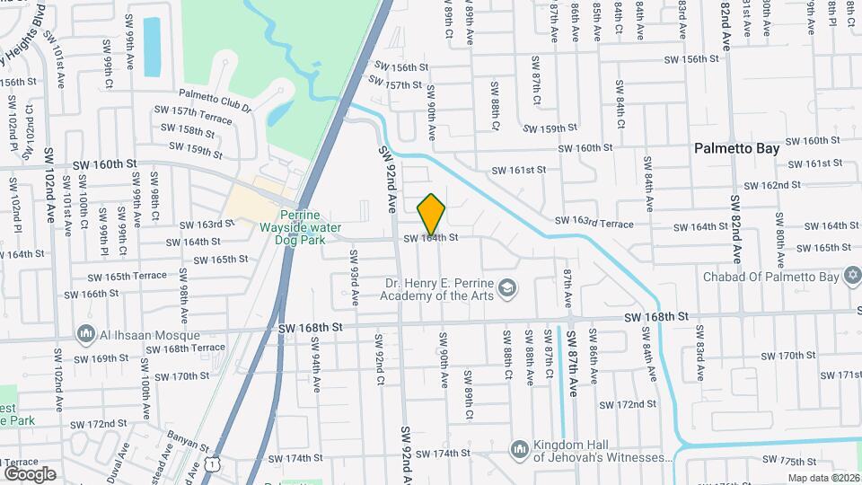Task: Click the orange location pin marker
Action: (x=432, y=214)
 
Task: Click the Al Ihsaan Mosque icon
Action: (x=87, y=333)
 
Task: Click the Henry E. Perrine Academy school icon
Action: (x=507, y=288)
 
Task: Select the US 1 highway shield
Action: (x=212, y=463)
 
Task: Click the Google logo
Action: (x=30, y=473)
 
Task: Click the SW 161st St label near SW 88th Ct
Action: (x=518, y=170)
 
